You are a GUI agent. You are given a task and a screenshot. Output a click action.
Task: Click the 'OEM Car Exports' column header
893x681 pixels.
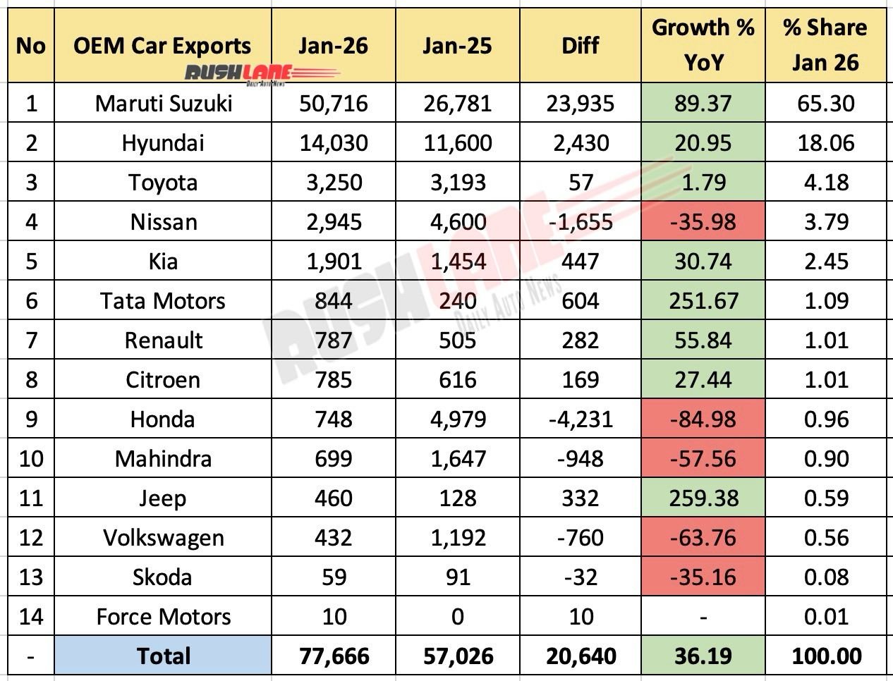click(x=162, y=45)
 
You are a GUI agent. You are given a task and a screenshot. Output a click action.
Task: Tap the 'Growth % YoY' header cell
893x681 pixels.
click(x=703, y=45)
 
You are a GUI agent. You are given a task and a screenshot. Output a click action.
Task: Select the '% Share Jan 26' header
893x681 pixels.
click(x=825, y=45)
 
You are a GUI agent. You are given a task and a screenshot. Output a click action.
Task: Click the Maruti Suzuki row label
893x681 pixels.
click(x=164, y=104)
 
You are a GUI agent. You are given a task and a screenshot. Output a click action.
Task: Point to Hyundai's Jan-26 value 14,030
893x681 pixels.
click(x=333, y=143)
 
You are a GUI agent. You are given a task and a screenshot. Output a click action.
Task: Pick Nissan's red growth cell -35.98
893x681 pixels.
click(x=703, y=222)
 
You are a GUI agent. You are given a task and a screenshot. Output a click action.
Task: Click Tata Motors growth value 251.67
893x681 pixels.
click(x=703, y=301)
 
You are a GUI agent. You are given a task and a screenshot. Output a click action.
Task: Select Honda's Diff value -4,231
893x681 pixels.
click(x=581, y=419)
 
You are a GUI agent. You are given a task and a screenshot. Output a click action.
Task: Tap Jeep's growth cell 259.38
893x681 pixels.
click(x=703, y=498)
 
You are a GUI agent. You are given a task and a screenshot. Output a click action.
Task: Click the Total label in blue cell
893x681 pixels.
click(x=164, y=656)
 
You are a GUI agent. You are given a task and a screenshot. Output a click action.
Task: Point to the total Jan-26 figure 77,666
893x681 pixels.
click(x=333, y=656)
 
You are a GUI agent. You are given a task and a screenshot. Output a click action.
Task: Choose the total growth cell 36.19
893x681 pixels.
click(x=703, y=656)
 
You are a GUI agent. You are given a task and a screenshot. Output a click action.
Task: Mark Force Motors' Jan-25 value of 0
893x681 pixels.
click(x=457, y=617)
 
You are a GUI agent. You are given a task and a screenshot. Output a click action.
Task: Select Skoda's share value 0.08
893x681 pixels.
click(x=825, y=577)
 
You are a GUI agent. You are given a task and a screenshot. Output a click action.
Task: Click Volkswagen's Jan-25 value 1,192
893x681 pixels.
click(x=457, y=538)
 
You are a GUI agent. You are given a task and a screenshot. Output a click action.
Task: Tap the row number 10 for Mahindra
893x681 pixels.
click(x=30, y=459)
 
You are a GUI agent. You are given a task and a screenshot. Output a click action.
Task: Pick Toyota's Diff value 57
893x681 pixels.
click(x=581, y=183)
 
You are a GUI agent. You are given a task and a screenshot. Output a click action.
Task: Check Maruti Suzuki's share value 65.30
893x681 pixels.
click(x=825, y=104)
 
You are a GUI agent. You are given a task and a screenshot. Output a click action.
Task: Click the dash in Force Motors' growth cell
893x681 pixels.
click(x=703, y=617)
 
